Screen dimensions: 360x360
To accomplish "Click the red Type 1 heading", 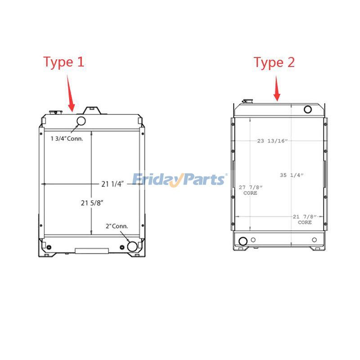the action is click(x=63, y=62).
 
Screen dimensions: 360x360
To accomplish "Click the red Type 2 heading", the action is click(x=274, y=63).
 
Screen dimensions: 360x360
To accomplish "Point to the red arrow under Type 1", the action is click(x=71, y=93).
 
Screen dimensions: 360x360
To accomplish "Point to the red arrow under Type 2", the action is click(x=277, y=89).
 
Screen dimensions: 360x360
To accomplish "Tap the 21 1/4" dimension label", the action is click(x=112, y=184).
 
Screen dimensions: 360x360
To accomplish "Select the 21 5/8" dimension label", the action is click(x=92, y=203).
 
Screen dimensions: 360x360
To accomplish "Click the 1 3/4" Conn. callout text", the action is click(x=67, y=139).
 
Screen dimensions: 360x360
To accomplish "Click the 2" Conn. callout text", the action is click(x=117, y=226).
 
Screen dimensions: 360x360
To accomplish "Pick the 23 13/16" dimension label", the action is click(x=272, y=141).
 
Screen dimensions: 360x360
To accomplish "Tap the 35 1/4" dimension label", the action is click(x=292, y=175).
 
